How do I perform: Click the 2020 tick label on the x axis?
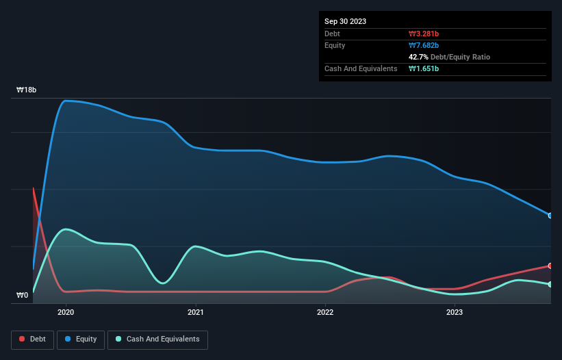(x=66, y=312)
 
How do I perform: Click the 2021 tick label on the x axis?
(x=196, y=312)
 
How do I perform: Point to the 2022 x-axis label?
(x=325, y=312)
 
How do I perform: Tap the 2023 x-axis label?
(x=455, y=312)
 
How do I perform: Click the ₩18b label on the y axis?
(x=27, y=90)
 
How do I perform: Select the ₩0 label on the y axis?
(x=23, y=296)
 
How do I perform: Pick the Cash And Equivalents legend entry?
(x=157, y=339)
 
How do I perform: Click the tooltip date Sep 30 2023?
(x=345, y=21)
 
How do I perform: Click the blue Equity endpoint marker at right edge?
(x=550, y=216)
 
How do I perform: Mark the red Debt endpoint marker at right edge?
(x=550, y=266)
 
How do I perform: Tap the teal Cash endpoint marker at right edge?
(x=550, y=284)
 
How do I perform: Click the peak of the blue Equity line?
(x=66, y=101)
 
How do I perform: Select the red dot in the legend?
(x=23, y=339)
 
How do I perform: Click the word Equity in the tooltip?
(x=335, y=45)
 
